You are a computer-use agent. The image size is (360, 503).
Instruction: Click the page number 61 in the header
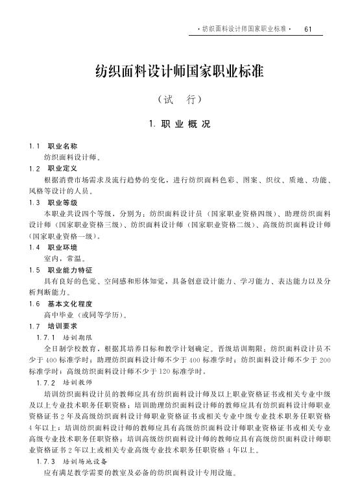tap(308, 29)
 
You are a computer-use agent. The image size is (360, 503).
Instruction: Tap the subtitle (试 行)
tap(180, 101)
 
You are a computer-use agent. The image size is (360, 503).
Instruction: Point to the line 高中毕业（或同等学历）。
tap(85, 315)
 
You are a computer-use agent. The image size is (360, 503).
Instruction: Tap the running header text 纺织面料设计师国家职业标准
tap(243, 29)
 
